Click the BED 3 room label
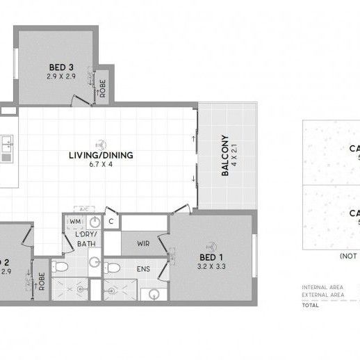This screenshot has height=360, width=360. tap(60, 67)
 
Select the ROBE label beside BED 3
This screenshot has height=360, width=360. tap(103, 88)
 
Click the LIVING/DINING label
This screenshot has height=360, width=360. tap(101, 155)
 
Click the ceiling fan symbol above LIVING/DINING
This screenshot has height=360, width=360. tap(101, 144)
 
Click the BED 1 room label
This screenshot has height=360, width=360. tap(211, 256)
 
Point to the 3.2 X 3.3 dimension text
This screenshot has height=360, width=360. tap(211, 265)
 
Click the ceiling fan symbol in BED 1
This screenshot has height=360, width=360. tap(211, 245)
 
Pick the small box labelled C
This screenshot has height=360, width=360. tap(111, 222)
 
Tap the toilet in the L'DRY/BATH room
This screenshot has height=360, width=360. tap(60, 268)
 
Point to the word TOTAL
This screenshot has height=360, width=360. tap(311, 304)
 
